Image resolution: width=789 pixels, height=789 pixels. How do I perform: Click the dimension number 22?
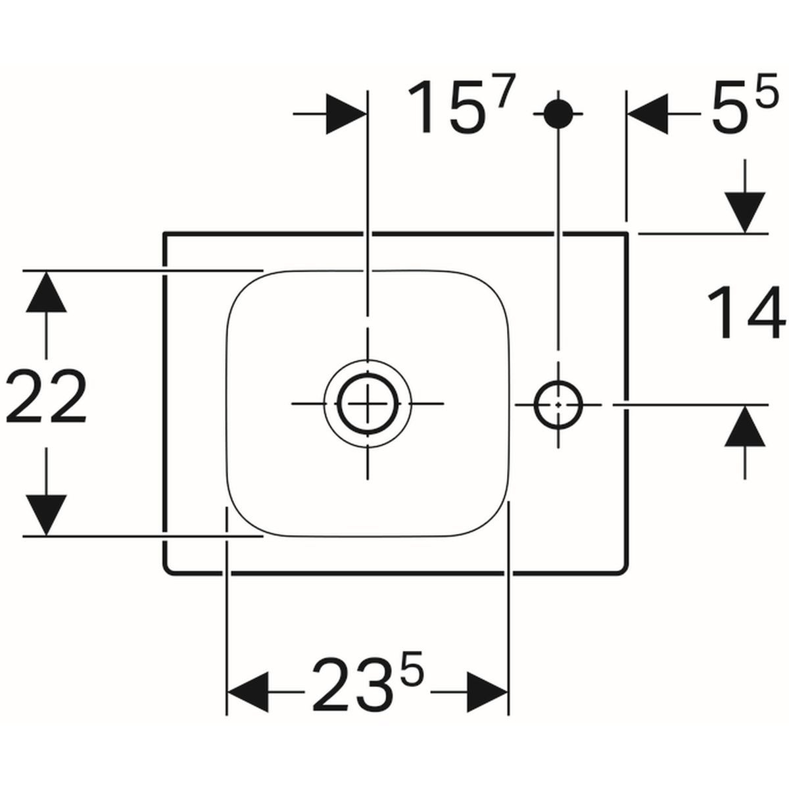pos(46,396)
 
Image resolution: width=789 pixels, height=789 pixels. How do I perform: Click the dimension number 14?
pos(746,312)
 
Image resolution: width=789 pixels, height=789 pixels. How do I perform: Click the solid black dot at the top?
pos(558,114)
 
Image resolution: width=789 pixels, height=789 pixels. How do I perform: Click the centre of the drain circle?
pos(368,404)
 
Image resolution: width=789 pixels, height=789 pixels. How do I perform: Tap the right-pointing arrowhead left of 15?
pos(347,114)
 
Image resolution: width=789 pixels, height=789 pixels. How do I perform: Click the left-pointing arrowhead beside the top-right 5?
pos(648,114)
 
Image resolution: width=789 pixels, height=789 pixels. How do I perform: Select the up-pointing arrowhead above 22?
pos(46,291)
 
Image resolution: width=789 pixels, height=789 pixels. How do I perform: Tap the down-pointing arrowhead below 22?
pos(46,515)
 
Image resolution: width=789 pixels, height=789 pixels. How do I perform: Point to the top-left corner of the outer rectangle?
pos(164,233)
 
